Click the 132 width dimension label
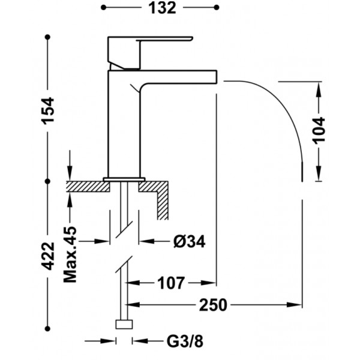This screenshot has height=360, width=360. [x=162, y=8]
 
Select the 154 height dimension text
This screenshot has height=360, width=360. [x=48, y=111]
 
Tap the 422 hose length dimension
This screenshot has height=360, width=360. [x=48, y=256]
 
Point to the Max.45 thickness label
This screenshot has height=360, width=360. [x=70, y=254]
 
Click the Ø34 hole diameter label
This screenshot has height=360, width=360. [x=190, y=241]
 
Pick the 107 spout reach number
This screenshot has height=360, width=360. [x=171, y=283]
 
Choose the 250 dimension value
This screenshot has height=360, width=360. [x=213, y=305]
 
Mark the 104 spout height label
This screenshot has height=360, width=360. [x=319, y=130]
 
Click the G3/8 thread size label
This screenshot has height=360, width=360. [x=185, y=341]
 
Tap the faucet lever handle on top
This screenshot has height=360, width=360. [x=149, y=52]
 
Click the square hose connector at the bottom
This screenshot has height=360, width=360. [x=124, y=325]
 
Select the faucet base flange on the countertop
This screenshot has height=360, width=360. [x=124, y=179]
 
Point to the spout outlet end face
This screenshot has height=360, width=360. [x=216, y=76]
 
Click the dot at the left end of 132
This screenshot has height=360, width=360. [x=104, y=8]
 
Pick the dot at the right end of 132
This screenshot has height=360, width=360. [x=217, y=8]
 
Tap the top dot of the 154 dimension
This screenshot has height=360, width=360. [x=47, y=37]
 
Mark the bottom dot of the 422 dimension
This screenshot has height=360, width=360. [x=47, y=329]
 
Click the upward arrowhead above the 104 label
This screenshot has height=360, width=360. [x=319, y=90]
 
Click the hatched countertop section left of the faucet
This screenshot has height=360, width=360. [x=88, y=187]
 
